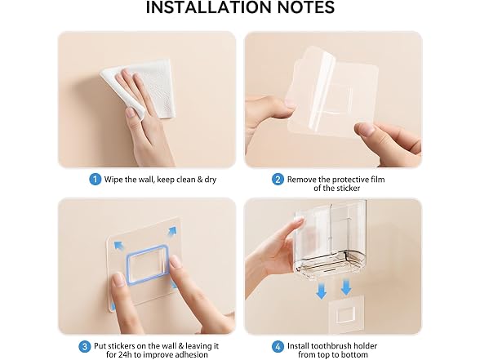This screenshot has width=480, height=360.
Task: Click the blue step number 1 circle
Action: (x=95, y=179)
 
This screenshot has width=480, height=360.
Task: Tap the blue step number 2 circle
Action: (x=278, y=179)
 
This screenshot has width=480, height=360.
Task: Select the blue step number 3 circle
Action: (x=85, y=346)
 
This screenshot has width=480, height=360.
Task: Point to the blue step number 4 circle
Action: (x=278, y=346)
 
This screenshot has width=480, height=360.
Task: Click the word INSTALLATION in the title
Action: (x=209, y=7)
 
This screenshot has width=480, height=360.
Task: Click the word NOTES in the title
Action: (x=306, y=7)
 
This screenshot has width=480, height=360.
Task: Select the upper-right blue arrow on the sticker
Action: (x=172, y=231)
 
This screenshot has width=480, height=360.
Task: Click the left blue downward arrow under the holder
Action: (x=321, y=290)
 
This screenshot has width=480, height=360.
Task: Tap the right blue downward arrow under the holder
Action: (x=346, y=287)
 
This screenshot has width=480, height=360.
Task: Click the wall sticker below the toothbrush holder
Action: (x=346, y=314)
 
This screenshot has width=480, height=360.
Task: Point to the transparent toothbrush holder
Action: (x=331, y=239)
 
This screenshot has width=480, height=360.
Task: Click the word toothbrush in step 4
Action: (x=331, y=346)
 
